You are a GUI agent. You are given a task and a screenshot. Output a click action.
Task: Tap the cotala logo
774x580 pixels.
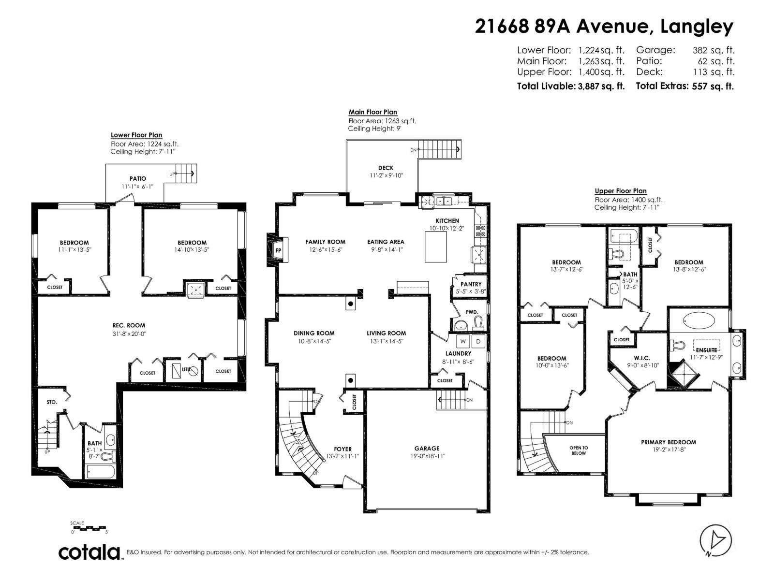click(90, 552)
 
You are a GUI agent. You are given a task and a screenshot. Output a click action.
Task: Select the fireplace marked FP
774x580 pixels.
click(278, 250)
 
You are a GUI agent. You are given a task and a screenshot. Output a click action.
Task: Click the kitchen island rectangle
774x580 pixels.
click(439, 246)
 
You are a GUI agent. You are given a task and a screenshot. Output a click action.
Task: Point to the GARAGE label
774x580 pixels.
click(427, 449)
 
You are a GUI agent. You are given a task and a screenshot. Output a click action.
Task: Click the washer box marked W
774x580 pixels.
click(463, 341)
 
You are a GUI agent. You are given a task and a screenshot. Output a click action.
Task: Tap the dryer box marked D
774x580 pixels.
click(478, 341)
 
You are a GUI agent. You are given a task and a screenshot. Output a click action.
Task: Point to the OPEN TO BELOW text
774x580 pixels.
click(579, 450)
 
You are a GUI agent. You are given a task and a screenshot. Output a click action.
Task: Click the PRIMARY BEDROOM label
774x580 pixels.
click(669, 442)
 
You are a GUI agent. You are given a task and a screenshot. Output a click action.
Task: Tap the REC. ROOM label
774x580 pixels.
click(129, 325)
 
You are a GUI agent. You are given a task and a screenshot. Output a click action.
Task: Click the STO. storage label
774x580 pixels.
click(52, 402)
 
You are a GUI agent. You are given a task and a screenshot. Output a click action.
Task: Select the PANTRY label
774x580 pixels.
click(471, 284)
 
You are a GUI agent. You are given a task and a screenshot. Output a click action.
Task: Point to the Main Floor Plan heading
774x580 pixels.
click(372, 112)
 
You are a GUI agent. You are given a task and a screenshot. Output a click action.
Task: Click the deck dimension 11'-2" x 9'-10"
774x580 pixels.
click(386, 175)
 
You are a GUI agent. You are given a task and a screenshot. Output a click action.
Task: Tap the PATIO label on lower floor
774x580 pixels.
click(137, 178)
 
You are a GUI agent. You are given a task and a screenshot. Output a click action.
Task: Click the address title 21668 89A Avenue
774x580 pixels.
click(561, 27)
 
